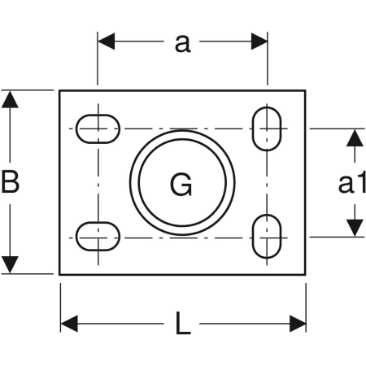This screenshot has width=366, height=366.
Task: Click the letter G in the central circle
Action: (181, 185)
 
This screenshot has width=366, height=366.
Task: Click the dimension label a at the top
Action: (182, 43)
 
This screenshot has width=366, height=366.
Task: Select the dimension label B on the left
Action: (10, 181)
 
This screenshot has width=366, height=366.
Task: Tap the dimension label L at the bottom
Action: (183, 323)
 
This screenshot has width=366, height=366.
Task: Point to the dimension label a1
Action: (352, 184)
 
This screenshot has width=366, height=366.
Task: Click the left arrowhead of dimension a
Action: (106, 41)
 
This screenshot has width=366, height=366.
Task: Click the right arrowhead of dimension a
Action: (259, 41)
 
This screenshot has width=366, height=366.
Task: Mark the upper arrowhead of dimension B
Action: (10, 99)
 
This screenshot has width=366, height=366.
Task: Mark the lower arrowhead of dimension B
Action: (10, 265)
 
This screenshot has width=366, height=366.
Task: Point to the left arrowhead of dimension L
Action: (69, 324)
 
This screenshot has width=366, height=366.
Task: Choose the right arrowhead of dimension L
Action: (298, 324)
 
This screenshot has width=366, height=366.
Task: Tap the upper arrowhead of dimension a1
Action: (355, 138)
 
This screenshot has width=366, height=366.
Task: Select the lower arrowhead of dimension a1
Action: (355, 228)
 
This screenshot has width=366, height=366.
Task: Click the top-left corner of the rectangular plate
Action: (59, 90)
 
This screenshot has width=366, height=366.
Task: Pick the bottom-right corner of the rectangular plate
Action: (306, 274)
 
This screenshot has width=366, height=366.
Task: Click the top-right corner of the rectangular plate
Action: (306, 90)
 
